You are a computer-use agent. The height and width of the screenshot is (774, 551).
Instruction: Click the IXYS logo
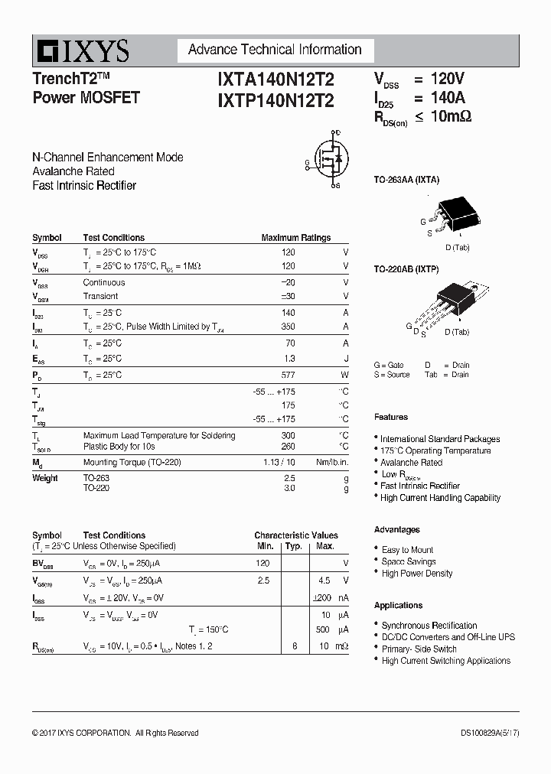(x=81, y=51)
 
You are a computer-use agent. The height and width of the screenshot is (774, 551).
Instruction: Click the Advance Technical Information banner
(x=275, y=50)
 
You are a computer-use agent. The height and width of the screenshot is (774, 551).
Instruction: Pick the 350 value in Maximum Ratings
(x=287, y=327)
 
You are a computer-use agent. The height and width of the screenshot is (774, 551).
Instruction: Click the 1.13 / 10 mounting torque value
(x=279, y=462)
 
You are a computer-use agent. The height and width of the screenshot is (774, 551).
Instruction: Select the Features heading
(x=390, y=417)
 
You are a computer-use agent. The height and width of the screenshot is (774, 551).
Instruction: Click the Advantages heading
(x=396, y=529)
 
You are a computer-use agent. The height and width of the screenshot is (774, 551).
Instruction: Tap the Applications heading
(x=398, y=605)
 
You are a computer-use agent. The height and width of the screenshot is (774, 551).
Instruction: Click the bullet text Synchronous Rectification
(x=429, y=625)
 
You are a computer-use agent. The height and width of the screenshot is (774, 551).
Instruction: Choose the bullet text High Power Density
(x=416, y=573)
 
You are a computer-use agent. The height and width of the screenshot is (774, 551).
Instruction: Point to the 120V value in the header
(x=448, y=79)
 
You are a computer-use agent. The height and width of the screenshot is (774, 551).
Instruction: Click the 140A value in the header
(x=448, y=98)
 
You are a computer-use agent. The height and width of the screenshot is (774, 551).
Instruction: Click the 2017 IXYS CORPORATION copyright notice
(x=115, y=733)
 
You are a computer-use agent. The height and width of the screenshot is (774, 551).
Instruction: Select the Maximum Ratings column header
(x=295, y=238)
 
